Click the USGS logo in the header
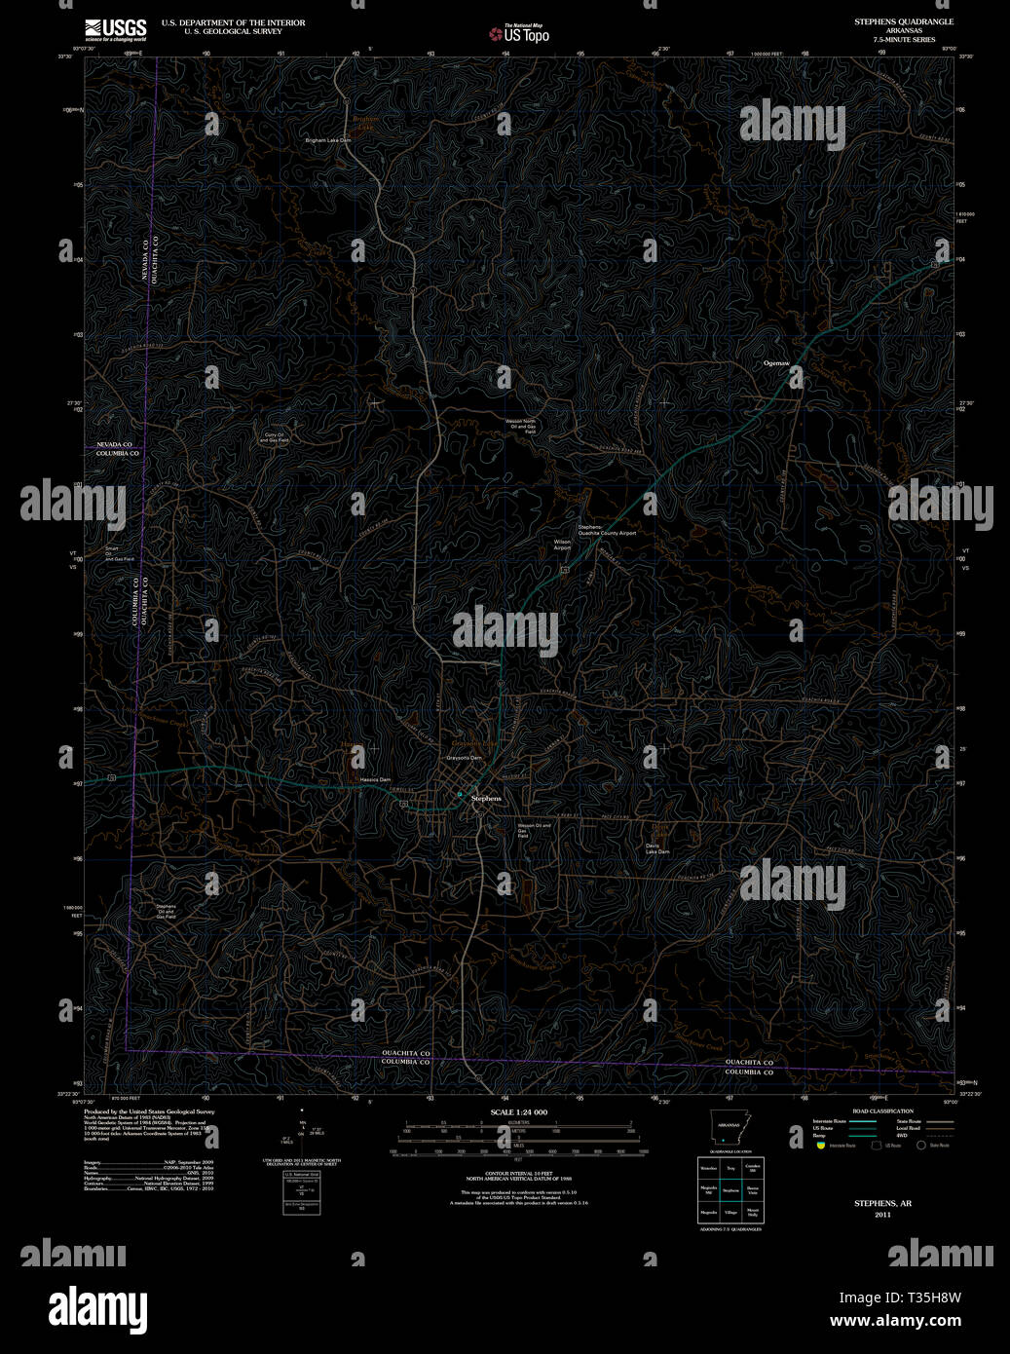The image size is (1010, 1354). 115,28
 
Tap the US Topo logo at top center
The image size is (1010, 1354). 519,34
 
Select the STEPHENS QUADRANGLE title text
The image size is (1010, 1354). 904,21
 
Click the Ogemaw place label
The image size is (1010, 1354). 776,363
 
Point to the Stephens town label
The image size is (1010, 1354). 486,799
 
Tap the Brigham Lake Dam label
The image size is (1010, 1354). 328,140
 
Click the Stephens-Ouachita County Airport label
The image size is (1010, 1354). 607,531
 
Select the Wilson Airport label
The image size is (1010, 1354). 562,545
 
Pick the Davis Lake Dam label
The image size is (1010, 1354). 657,848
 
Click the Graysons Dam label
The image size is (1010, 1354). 464,758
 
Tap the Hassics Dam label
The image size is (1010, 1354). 374,780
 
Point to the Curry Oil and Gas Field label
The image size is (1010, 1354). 274,437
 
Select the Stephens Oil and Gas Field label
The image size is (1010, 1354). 166,912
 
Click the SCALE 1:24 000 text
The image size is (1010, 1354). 518,1112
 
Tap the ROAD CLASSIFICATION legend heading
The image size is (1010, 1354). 882,1111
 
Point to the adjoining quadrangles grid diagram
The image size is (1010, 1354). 729,1189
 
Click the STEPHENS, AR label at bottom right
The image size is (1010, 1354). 882,1204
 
